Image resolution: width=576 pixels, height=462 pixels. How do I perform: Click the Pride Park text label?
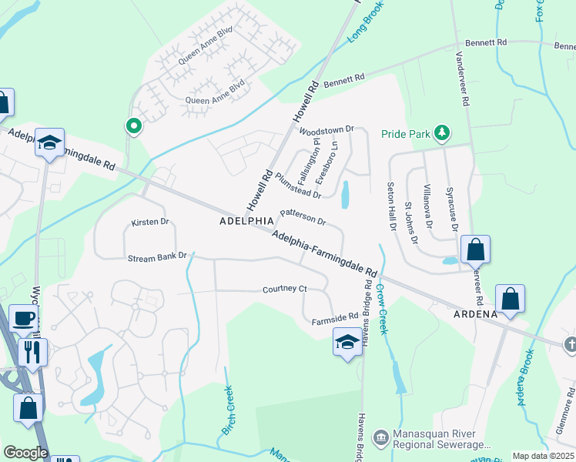406,134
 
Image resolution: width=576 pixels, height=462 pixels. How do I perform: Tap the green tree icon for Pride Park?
442,134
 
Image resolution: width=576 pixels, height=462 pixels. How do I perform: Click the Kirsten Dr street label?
149,222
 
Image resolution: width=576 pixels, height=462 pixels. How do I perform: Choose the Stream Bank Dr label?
157,256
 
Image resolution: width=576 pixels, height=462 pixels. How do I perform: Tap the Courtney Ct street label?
284,289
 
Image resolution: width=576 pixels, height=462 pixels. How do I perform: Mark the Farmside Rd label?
335,316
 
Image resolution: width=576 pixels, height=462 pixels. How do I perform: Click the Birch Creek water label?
228,411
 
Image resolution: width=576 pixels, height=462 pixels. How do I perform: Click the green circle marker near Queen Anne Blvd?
134,126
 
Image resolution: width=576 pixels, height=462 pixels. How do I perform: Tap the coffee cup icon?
23,317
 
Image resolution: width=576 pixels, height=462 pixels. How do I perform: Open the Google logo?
25,453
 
